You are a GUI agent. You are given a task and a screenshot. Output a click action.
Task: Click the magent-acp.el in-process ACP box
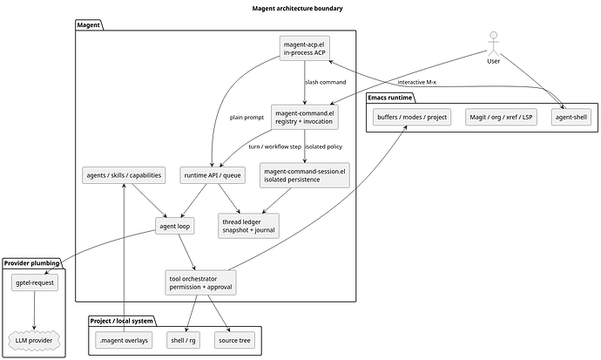(305, 48)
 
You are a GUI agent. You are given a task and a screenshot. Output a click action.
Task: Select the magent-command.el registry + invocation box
(305, 117)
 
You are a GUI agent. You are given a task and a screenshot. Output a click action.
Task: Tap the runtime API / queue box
(213, 175)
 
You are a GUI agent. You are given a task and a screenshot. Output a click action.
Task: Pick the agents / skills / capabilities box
(124, 175)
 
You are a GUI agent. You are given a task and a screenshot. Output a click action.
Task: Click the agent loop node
(175, 226)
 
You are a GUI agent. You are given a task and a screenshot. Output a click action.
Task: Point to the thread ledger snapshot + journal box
(249, 226)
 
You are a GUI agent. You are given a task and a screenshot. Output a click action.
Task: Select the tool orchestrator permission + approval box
(201, 282)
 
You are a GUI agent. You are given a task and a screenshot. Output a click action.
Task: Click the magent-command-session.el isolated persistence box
(305, 175)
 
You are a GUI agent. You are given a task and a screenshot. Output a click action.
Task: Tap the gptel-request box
(35, 282)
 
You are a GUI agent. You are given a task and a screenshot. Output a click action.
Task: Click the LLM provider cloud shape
(34, 340)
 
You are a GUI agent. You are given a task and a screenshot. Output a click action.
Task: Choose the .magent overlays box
(124, 340)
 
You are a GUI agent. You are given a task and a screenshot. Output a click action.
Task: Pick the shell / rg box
(183, 340)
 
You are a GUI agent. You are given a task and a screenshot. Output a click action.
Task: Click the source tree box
(234, 340)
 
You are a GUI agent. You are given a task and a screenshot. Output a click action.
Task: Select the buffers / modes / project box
(412, 117)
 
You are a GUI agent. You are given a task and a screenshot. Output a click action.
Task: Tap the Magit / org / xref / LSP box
(501, 117)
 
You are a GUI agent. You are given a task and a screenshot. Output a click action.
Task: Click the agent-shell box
(571, 117)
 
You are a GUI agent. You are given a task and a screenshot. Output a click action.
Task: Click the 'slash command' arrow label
(326, 82)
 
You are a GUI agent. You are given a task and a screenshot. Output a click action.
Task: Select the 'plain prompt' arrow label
(246, 118)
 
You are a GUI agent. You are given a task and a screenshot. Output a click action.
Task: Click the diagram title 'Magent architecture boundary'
(297, 8)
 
